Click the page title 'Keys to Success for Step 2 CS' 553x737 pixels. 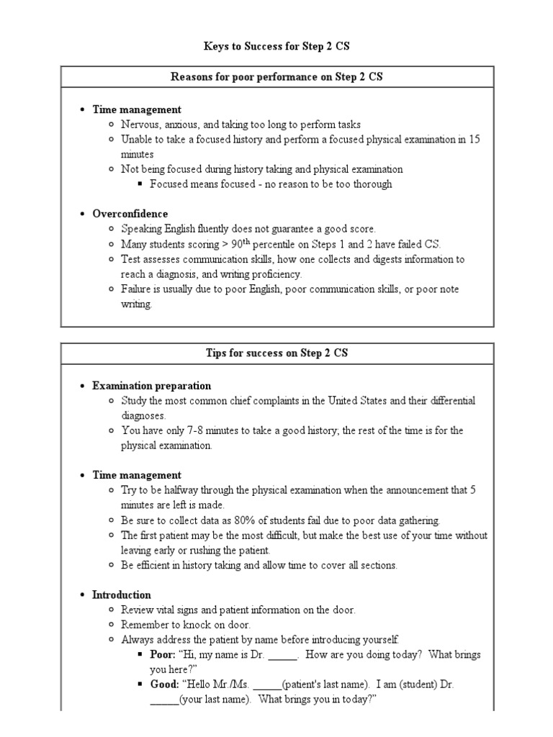tap(276, 47)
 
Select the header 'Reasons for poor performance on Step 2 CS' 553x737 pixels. tap(276, 77)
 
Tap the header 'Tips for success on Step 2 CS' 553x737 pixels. tap(276, 354)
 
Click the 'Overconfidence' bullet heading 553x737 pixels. tap(130, 214)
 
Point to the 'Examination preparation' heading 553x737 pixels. tap(152, 386)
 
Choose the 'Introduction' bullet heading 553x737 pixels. tap(122, 595)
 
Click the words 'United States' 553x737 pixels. tap(357, 400)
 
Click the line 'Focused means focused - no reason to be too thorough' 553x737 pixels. tap(271, 184)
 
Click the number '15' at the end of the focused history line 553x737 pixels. tap(474, 140)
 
